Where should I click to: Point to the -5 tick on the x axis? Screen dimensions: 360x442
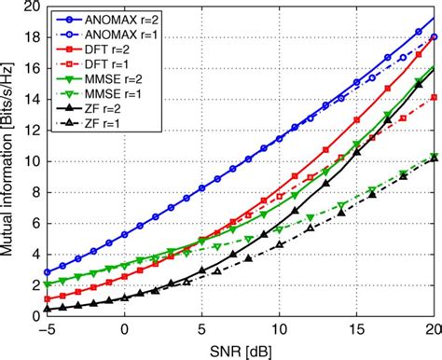click(46, 330)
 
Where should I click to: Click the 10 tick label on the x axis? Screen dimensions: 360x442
click(279, 330)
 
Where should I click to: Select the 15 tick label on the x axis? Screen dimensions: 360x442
click(356, 330)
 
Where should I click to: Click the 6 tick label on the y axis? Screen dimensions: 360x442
click(34, 223)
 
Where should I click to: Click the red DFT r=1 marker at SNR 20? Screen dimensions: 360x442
click(434, 97)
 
